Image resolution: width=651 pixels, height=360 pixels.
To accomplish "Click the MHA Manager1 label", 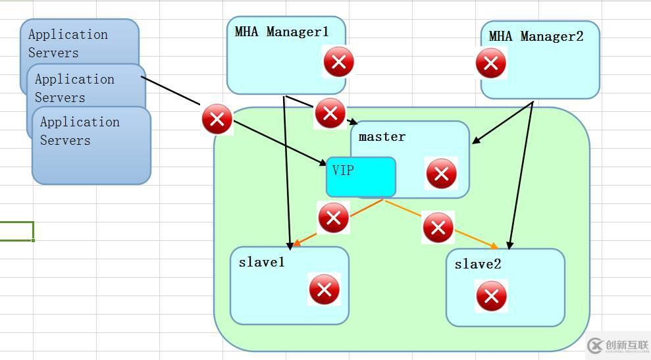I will click(281, 32).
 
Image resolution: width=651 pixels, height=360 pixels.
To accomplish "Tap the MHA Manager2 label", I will click(536, 36).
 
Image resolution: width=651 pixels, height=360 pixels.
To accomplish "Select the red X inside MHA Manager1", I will click(338, 63).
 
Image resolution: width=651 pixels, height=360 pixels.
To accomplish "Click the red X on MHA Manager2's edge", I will click(490, 64).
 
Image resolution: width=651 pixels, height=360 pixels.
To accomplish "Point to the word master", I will click(382, 137).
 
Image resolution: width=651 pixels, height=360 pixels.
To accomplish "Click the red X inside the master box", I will click(441, 174).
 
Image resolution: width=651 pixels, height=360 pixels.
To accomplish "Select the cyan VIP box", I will click(361, 176).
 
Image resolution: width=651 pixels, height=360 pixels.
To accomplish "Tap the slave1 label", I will click(261, 262).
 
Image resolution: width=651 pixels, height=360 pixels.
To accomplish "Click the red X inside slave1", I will click(324, 290).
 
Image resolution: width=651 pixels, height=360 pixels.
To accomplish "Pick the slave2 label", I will click(477, 264).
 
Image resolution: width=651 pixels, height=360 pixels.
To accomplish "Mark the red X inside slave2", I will click(491, 296).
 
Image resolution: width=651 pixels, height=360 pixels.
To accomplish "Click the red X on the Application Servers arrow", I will click(217, 120).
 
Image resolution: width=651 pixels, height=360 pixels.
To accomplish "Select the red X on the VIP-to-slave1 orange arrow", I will click(333, 217).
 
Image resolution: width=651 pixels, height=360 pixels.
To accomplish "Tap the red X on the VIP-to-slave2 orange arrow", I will click(438, 228).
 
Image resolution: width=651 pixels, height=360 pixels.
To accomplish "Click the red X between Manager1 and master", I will click(330, 113).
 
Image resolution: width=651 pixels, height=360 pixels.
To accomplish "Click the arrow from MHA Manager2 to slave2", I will click(520, 178).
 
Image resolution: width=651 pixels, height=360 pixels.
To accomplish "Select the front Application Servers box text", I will click(79, 131).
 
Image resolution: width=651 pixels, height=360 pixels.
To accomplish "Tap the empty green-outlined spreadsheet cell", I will click(16, 231).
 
